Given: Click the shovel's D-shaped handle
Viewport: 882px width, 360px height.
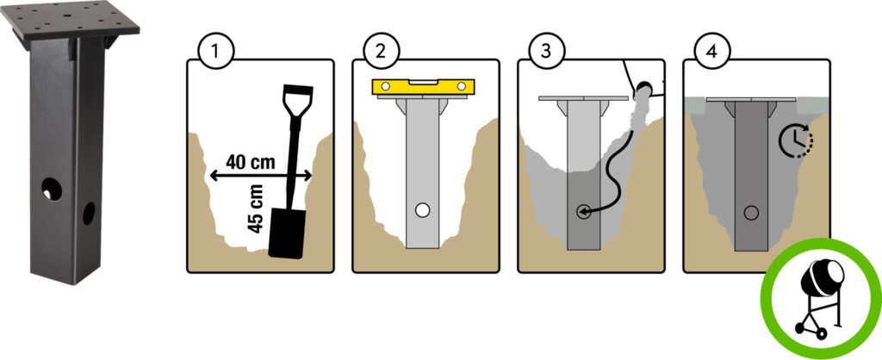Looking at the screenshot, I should coord(295,101).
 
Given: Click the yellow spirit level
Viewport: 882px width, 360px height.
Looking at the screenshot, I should coord(422,86).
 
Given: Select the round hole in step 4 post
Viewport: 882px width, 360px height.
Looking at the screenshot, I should coord(751,213).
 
